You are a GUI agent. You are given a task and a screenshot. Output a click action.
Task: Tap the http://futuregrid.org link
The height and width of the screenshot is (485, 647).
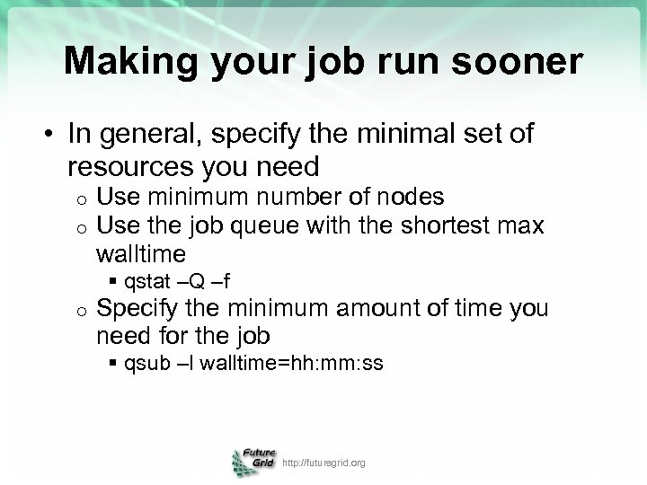tap(323, 463)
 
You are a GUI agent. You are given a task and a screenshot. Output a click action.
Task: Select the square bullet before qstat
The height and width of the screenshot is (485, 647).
tap(113, 283)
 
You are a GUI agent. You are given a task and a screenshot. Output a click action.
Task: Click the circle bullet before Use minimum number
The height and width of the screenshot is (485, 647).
tap(80, 197)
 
